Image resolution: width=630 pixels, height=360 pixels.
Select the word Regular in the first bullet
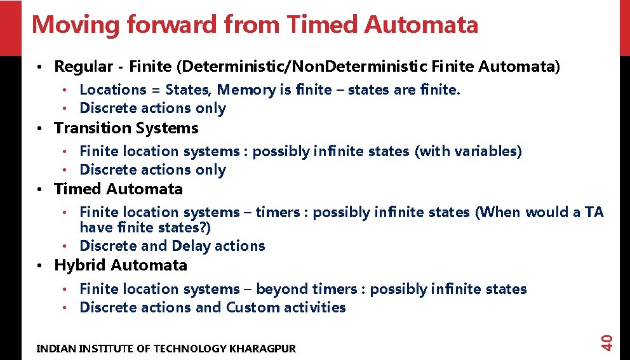point(81,67)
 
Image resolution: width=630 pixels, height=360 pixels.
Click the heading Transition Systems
point(126,128)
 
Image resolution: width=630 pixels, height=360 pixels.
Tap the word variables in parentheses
point(487,151)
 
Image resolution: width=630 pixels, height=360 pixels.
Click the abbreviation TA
point(594,212)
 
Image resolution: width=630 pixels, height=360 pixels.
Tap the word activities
point(314,308)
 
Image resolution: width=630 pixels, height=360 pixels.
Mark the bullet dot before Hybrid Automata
point(39,266)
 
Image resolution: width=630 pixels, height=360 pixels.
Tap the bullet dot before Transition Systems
point(39,129)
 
